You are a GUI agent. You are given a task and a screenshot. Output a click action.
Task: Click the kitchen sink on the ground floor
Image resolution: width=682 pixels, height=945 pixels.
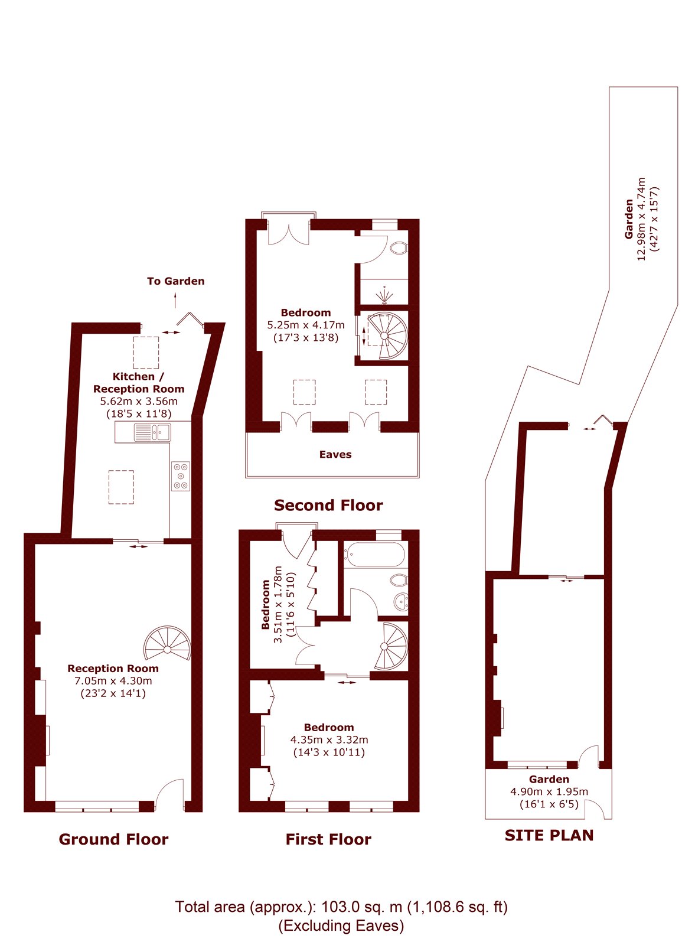click(x=152, y=432)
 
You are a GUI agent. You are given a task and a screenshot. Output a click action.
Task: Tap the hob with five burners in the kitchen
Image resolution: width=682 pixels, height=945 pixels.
click(x=181, y=476)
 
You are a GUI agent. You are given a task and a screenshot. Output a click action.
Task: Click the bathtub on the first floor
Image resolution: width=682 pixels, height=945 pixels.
click(x=374, y=554)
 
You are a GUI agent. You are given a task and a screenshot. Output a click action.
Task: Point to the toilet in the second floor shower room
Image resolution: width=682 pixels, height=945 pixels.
click(x=399, y=247)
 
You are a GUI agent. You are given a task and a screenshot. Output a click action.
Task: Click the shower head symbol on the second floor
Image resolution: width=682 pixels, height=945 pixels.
click(x=384, y=295)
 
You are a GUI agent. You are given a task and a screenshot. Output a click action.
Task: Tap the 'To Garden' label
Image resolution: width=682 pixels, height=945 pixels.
click(x=175, y=281)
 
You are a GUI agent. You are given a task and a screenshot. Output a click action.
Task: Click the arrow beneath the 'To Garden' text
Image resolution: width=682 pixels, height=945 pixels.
click(x=175, y=301)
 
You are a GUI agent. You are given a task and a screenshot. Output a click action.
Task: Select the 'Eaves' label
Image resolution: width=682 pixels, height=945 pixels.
click(x=335, y=454)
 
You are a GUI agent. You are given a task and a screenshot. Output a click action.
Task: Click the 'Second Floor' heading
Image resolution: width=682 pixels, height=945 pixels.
click(x=328, y=505)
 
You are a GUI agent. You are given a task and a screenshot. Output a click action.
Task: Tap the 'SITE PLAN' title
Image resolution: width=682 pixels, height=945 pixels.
click(x=549, y=835)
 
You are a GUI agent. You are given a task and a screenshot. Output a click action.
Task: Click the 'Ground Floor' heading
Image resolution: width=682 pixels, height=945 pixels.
click(x=113, y=839)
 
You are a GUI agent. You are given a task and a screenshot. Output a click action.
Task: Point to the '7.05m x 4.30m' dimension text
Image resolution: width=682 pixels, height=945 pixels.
click(x=113, y=680)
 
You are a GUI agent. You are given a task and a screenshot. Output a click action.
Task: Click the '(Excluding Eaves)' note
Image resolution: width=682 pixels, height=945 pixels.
click(x=341, y=926)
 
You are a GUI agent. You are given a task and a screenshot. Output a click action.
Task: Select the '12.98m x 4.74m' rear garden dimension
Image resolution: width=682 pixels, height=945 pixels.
click(x=641, y=219)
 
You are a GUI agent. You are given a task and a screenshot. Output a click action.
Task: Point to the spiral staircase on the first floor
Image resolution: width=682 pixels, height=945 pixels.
click(x=391, y=646)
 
